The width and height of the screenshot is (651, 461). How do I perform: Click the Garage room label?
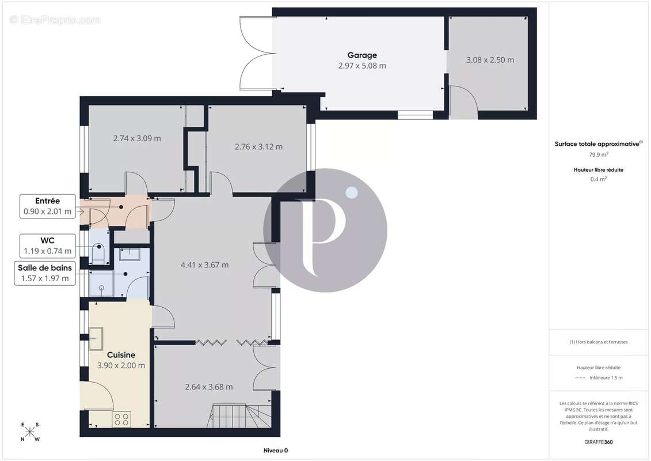(362, 55)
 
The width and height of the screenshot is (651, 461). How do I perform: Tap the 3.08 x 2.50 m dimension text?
(490, 60)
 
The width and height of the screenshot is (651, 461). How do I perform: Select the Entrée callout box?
(47, 206)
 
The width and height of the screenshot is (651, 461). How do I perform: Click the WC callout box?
(47, 245)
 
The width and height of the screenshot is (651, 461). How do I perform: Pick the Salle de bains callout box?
(45, 273)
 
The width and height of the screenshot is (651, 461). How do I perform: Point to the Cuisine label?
(121, 355)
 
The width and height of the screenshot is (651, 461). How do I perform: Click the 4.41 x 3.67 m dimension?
(205, 265)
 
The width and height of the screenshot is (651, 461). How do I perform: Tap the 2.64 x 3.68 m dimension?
(209, 387)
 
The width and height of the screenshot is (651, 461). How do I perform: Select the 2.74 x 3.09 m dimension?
(137, 138)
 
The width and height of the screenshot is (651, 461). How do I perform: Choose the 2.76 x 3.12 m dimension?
(258, 147)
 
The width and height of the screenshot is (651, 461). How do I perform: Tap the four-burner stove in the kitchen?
(121, 419)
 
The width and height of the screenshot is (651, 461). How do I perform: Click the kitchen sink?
(96, 338)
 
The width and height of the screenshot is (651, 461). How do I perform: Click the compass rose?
(30, 432)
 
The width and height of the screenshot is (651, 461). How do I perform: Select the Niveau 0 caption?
(276, 451)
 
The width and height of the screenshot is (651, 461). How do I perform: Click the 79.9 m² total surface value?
(599, 154)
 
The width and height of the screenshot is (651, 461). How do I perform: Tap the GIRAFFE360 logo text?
(598, 442)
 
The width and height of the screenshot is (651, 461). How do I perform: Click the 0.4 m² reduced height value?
(599, 179)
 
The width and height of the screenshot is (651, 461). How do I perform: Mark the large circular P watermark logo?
(325, 231)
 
